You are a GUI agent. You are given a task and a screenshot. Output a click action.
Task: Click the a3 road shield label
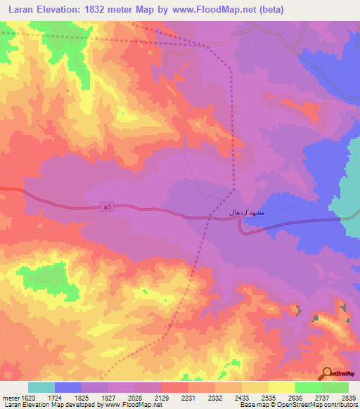[x=106, y=207]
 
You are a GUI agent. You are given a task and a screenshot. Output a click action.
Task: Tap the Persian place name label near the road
[x=246, y=212]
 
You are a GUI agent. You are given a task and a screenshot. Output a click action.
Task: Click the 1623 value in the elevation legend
[x=26, y=397]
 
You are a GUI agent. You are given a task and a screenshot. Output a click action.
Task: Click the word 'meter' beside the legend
[x=9, y=397]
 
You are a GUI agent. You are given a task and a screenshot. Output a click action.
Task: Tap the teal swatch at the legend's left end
[x=41, y=387]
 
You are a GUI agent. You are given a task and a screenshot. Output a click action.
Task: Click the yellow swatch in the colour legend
[x=281, y=387]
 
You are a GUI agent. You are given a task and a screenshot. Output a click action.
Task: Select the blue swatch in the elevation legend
[x=68, y=387]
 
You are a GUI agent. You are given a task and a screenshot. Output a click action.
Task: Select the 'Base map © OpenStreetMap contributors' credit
[x=298, y=405]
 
